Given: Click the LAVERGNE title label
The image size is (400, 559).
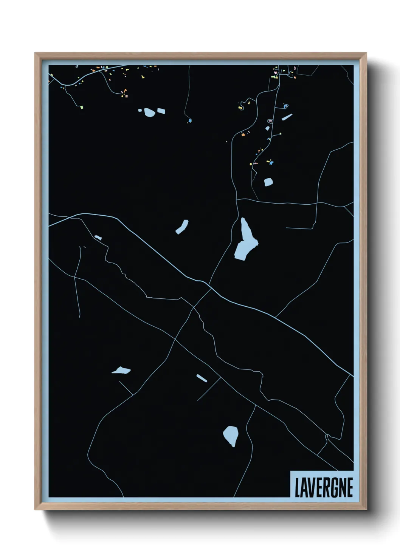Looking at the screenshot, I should (x=323, y=487).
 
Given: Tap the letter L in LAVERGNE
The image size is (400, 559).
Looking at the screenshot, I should (x=298, y=488).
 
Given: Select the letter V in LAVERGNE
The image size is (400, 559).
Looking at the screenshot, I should (x=311, y=488).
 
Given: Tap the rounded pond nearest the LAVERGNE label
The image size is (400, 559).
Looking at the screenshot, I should (x=231, y=435).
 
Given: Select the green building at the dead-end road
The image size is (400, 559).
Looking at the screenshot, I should (x=81, y=107).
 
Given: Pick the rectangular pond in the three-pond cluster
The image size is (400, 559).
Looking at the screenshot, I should (x=161, y=111).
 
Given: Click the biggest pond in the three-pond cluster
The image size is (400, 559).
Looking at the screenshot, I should (x=149, y=112).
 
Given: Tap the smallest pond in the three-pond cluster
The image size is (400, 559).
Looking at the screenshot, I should (x=140, y=110).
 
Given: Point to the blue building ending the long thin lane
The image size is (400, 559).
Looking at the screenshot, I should (x=190, y=120).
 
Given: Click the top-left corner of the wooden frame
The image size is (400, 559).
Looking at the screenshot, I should (x=35, y=53).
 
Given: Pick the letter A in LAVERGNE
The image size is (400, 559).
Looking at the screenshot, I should (x=304, y=488).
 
